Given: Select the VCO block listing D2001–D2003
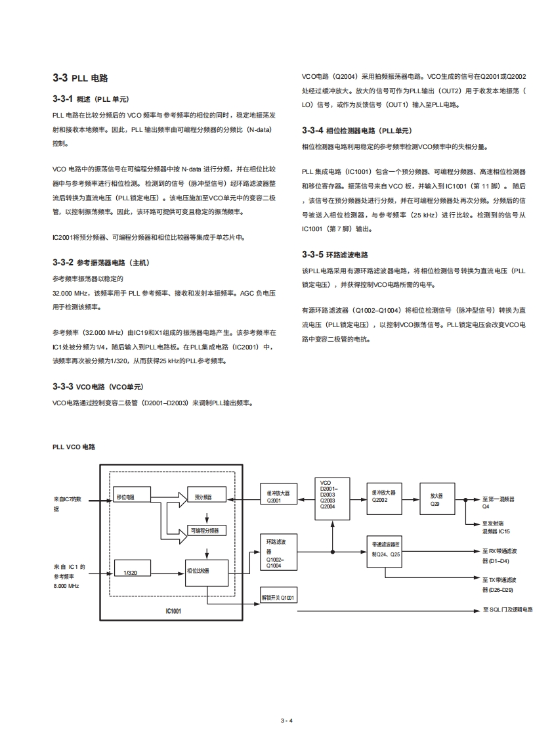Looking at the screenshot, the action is pos(332,499).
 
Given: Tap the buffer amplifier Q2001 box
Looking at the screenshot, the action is pos(278,496).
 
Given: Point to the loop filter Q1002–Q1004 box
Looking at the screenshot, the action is pos(278,552).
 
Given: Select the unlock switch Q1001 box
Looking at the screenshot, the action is pos(278,597).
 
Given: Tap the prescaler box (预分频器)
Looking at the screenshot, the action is pos(206,496).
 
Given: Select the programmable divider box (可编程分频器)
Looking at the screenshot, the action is pos(205,529).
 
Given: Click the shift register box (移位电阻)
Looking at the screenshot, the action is pos(132,496).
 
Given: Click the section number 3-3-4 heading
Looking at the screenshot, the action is pos(312,130).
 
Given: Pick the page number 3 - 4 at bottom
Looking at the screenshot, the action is pos(286,721).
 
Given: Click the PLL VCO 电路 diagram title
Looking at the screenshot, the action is pos(74,447).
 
